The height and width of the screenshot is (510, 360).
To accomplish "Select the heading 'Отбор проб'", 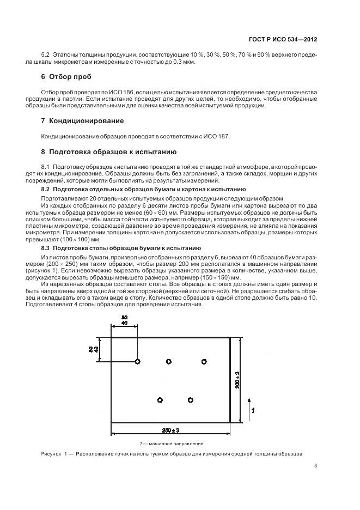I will pyautogui.click(x=70, y=76).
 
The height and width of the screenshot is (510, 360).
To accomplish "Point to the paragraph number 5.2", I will pyautogui.click(x=46, y=55).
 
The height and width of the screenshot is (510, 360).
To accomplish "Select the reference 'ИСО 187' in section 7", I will pyautogui.click(x=218, y=136).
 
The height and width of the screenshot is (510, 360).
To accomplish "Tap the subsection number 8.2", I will pyautogui.click(x=46, y=189).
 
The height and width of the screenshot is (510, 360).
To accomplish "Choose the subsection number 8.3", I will pyautogui.click(x=46, y=248).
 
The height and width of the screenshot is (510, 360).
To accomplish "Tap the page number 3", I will pyautogui.click(x=315, y=465).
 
